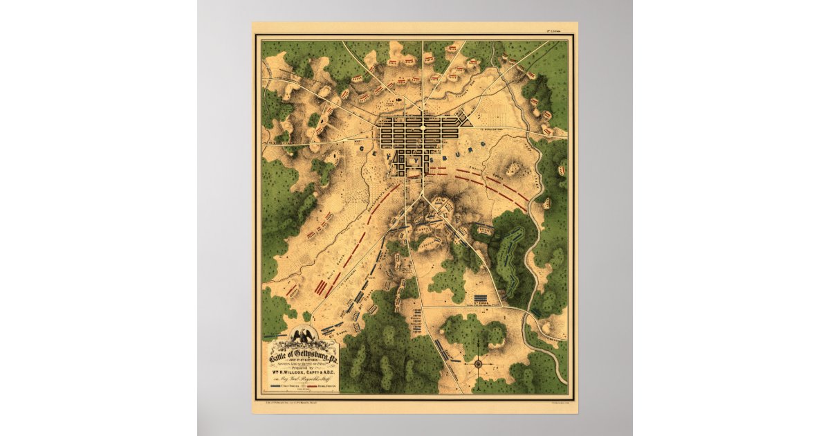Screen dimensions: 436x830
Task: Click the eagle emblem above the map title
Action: [x=304, y=337]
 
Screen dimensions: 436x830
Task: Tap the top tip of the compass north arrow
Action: [x=478, y=352]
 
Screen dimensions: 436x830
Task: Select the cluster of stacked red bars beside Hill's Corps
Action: [x=322, y=287]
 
